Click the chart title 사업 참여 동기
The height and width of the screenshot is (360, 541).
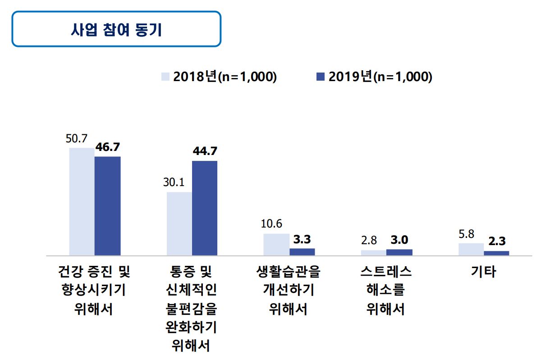(116, 30)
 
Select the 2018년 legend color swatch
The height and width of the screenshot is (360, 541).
(166, 77)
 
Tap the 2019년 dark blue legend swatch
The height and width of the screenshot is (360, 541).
(321, 77)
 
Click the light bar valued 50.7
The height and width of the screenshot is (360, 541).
(82, 201)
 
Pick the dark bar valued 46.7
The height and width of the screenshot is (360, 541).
(107, 206)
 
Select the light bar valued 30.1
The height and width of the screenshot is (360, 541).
(179, 223)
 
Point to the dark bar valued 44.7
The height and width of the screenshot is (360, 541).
(205, 208)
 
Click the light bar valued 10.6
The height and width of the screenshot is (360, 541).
(276, 244)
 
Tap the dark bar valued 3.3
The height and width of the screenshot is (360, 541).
(302, 252)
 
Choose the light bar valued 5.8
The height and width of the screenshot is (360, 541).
(471, 249)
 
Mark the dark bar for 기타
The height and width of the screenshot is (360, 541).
(496, 253)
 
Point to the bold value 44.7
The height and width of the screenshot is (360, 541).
(205, 151)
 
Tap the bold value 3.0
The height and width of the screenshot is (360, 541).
(399, 240)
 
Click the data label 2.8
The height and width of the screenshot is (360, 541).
(369, 241)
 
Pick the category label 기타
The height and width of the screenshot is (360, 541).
(483, 272)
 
